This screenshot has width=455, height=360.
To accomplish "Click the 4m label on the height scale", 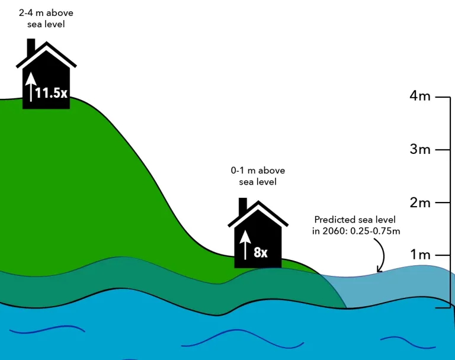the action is click(x=420, y=96).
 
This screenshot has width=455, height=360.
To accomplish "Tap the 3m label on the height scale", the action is click(x=420, y=149).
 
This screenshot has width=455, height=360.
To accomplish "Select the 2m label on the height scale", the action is click(x=420, y=202).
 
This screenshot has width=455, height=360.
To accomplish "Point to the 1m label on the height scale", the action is click(x=420, y=255).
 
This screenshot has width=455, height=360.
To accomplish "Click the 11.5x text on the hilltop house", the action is click(x=52, y=93).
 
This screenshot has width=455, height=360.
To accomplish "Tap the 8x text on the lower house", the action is click(x=261, y=252).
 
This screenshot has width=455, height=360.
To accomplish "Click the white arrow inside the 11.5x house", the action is click(x=31, y=87).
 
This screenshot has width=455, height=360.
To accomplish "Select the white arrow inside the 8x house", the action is click(x=245, y=245).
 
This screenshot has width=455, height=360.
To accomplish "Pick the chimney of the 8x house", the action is click(x=242, y=206).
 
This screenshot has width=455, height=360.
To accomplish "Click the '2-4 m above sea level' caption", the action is click(x=46, y=18).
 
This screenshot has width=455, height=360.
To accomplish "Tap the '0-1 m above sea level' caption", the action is click(x=258, y=176).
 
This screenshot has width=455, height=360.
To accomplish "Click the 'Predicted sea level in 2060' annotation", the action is click(x=356, y=225).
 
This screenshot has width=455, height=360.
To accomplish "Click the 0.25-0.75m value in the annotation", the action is click(x=375, y=231).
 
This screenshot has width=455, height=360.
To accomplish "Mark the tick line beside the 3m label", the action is click(x=443, y=150).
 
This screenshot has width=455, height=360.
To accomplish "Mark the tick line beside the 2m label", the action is click(x=443, y=202).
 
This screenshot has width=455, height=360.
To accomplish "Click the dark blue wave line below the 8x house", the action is click(x=242, y=338).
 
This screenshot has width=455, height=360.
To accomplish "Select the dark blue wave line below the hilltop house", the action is click(x=47, y=329).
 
